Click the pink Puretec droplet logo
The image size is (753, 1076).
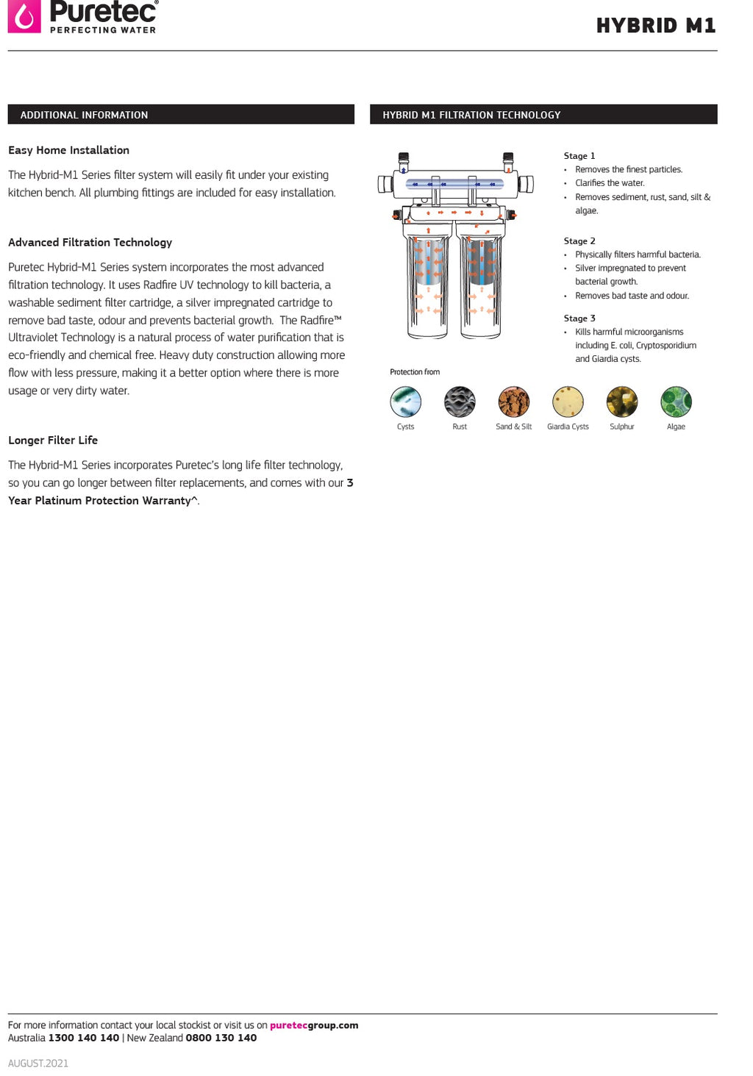(x=24, y=16)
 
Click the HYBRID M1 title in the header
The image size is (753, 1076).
(x=655, y=26)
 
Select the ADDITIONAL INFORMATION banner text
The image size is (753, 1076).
(x=84, y=115)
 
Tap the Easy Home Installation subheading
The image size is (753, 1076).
(x=68, y=150)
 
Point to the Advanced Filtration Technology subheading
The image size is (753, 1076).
(x=90, y=242)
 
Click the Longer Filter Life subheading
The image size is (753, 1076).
(x=53, y=440)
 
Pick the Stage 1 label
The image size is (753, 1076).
(x=579, y=156)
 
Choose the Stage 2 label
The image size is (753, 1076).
(x=579, y=241)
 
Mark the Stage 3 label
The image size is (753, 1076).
(x=579, y=318)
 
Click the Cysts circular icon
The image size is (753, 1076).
(x=406, y=402)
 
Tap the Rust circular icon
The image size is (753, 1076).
(x=460, y=402)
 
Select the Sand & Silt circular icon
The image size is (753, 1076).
(x=513, y=402)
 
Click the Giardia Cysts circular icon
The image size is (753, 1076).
(x=568, y=402)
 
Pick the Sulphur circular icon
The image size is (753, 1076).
(x=622, y=402)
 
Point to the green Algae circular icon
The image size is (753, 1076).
(x=676, y=402)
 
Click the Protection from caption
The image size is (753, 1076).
(x=415, y=372)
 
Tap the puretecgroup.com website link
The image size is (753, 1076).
(x=314, y=1025)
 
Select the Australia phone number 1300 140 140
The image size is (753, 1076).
(x=84, y=1038)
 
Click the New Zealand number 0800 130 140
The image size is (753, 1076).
(x=221, y=1038)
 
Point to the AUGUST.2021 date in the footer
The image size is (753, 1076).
(x=38, y=1063)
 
